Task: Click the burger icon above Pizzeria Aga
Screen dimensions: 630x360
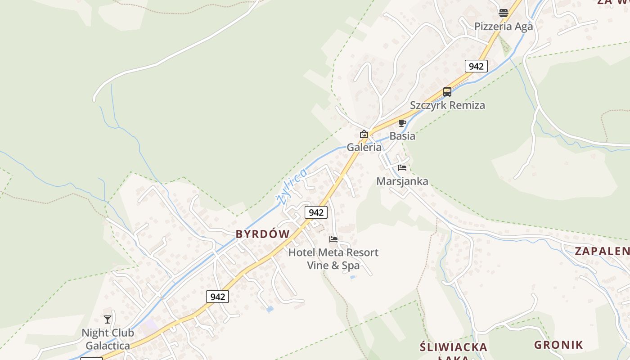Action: (503, 13)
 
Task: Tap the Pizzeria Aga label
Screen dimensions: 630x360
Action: (503, 27)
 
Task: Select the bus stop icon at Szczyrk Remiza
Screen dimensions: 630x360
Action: (447, 92)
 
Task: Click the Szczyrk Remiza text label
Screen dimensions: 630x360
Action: (447, 105)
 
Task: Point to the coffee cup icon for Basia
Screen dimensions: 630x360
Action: (402, 123)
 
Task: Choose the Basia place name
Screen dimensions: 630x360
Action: (402, 136)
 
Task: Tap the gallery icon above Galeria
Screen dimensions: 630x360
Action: (364, 134)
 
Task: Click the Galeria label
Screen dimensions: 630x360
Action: (364, 147)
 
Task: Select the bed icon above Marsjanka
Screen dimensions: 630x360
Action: (402, 168)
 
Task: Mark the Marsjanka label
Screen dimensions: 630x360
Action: (402, 181)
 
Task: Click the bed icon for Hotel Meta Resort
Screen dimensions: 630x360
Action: (333, 239)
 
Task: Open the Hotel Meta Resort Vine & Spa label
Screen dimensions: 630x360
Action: (333, 259)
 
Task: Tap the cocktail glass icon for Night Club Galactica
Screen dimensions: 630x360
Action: (108, 319)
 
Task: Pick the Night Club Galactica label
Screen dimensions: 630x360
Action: (108, 339)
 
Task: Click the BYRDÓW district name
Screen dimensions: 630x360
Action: (263, 234)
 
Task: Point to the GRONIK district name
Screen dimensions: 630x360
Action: (558, 345)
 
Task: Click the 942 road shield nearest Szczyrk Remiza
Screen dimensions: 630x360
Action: (476, 67)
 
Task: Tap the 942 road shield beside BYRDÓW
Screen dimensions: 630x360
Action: (316, 212)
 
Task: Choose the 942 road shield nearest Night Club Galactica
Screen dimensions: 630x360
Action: (217, 297)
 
